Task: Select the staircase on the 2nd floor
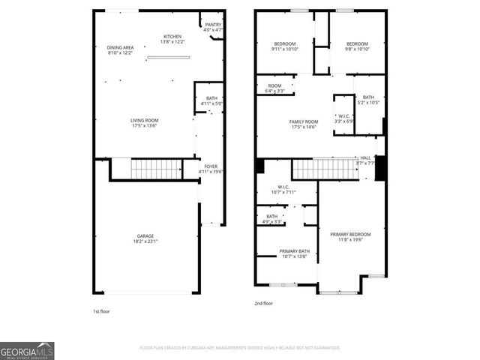pyautogui.click(x=323, y=169)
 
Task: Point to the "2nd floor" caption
pyautogui.click(x=263, y=303)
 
